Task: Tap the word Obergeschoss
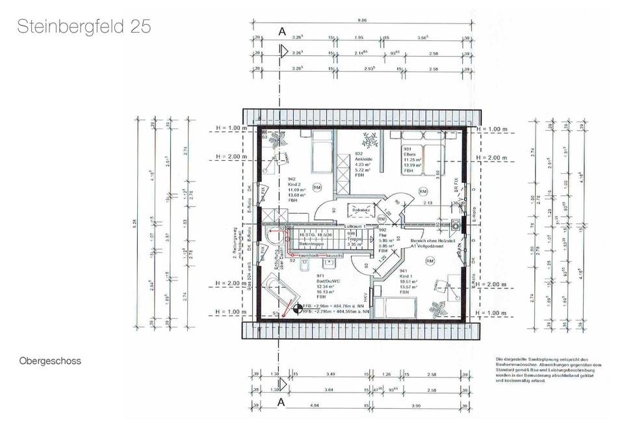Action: [x=50, y=361]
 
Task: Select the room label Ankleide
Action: [x=363, y=160]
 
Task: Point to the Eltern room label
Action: [x=409, y=154]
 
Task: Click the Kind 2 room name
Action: [x=294, y=184]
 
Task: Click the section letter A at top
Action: [x=281, y=31]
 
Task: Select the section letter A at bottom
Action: [x=281, y=403]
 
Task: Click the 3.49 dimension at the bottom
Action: [x=331, y=375]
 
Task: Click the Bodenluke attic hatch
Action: [x=361, y=212]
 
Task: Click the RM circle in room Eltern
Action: [x=423, y=191]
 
